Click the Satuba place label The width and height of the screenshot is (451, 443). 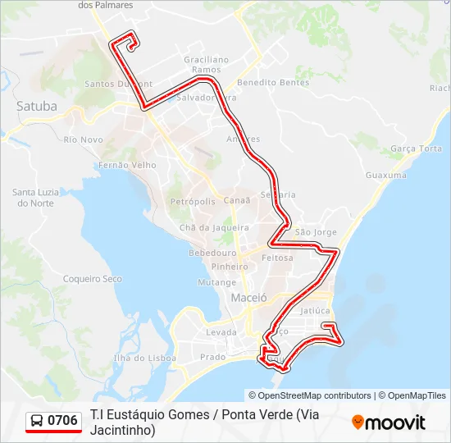coord(37,106)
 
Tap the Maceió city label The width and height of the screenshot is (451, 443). coord(249,297)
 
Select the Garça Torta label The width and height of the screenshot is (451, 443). coord(417,148)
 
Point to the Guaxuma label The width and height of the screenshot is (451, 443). coord(385,176)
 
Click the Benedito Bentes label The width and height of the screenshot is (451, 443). coord(262,83)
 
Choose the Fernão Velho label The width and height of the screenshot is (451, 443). coord(127,165)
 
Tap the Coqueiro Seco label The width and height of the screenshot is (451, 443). coord(93,279)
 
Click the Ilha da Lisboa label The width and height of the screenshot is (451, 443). coord(145,358)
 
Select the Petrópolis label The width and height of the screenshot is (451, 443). coord(192,201)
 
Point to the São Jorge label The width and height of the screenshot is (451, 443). coord(316,233)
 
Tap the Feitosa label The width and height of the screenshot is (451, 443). coord(277,258)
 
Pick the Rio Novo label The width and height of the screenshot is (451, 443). coord(83,139)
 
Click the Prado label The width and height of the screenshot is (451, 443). coord(212,357)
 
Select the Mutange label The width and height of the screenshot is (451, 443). coord(216,281)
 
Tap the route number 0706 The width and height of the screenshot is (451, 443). coord(63,421)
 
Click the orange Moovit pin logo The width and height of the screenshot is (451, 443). coord(358,422)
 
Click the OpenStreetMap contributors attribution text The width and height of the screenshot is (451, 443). coord(310,395)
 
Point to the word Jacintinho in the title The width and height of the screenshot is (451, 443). coord(122,429)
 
